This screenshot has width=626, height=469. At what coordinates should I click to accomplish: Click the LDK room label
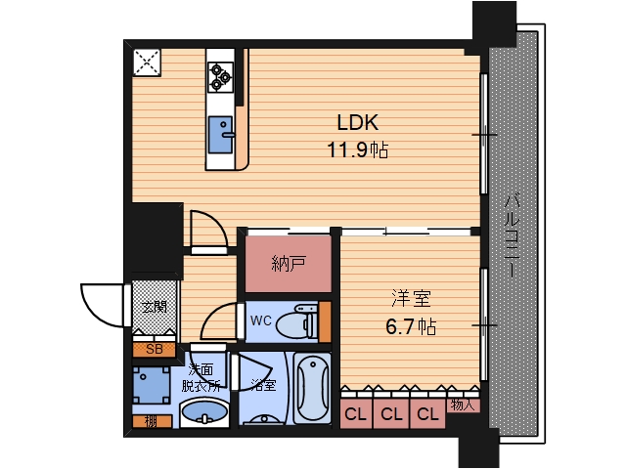(357, 123)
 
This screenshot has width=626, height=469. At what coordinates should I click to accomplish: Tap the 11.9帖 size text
(357, 150)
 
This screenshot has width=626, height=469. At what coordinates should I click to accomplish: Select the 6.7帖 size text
(411, 327)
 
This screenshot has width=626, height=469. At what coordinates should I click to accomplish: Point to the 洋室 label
(411, 299)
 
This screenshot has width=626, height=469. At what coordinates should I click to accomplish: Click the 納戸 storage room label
(289, 264)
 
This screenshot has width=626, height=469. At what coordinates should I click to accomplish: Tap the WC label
(261, 320)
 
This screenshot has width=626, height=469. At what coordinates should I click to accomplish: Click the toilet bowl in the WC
(296, 321)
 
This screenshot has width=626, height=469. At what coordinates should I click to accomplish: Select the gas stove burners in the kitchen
(220, 77)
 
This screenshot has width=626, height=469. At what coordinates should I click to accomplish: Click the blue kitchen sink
(221, 135)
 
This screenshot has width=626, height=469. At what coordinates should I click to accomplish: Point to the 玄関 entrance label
(155, 308)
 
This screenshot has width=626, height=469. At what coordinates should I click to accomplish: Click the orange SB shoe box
(155, 350)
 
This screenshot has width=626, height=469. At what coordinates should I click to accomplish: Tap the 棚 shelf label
(151, 421)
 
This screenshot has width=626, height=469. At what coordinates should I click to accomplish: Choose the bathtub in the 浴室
(313, 388)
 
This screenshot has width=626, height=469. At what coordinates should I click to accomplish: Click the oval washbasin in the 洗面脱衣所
(204, 413)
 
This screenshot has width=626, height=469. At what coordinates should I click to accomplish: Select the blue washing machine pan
(152, 385)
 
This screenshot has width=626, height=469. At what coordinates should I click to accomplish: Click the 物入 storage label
(463, 405)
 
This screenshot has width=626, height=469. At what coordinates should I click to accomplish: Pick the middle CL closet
(391, 414)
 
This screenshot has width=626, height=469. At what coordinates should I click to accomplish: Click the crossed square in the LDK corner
(147, 63)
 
